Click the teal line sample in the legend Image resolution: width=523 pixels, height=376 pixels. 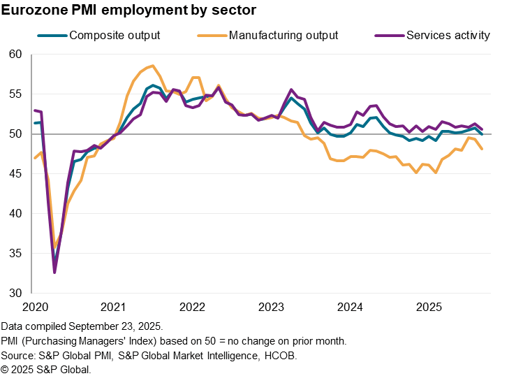[x=52, y=35]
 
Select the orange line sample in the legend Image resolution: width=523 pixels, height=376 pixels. [x=212, y=35]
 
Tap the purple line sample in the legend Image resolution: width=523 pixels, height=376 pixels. [x=390, y=35]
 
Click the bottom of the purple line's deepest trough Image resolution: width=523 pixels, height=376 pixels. [x=54, y=272]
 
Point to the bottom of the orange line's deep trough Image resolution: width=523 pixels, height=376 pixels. [x=55, y=246]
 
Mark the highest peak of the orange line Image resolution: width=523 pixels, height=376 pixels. [x=152, y=66]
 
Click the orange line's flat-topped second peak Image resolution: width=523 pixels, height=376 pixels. [x=196, y=78]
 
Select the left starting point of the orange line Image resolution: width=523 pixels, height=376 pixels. [x=34, y=158]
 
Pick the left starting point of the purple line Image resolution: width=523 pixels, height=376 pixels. [x=34, y=110]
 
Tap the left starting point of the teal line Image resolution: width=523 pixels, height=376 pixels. [x=34, y=123]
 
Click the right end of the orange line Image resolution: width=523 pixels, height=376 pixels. [x=482, y=149]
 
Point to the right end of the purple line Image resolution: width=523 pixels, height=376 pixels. [x=482, y=129]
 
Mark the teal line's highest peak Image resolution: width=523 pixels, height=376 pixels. [x=154, y=85]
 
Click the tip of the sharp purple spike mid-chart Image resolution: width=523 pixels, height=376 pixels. [x=291, y=89]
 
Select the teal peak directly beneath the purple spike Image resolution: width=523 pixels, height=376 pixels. [x=291, y=96]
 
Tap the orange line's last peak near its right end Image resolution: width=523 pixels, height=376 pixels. [x=469, y=137]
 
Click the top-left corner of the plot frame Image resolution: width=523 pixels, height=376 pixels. [x=31, y=54]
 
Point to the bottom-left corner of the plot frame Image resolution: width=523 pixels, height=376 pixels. [x=31, y=293]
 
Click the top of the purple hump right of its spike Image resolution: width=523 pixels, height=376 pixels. [x=374, y=106]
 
